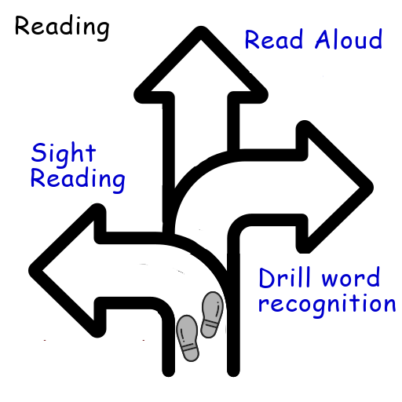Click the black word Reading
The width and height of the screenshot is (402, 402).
click(x=62, y=27)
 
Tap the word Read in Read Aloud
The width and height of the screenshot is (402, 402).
click(x=274, y=39)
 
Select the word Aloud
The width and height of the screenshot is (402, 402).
click(x=349, y=39)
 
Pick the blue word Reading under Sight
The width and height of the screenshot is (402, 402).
click(x=78, y=180)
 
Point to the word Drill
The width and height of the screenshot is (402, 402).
click(x=284, y=277)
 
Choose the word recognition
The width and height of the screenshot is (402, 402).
click(x=327, y=305)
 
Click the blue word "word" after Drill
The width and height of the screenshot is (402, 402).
click(x=351, y=277)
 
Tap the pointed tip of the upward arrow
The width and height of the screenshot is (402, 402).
click(x=201, y=29)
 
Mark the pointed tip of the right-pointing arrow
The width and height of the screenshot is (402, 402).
click(x=371, y=188)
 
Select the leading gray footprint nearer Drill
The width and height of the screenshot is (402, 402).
click(x=212, y=315)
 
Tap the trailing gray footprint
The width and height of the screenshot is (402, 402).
click(x=188, y=338)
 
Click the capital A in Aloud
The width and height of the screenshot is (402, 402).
click(x=323, y=39)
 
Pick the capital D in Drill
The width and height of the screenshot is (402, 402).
click(x=268, y=277)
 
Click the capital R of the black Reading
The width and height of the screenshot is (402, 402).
click(x=23, y=25)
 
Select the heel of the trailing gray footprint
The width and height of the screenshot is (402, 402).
click(x=191, y=354)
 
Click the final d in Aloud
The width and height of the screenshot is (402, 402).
click(x=375, y=39)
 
